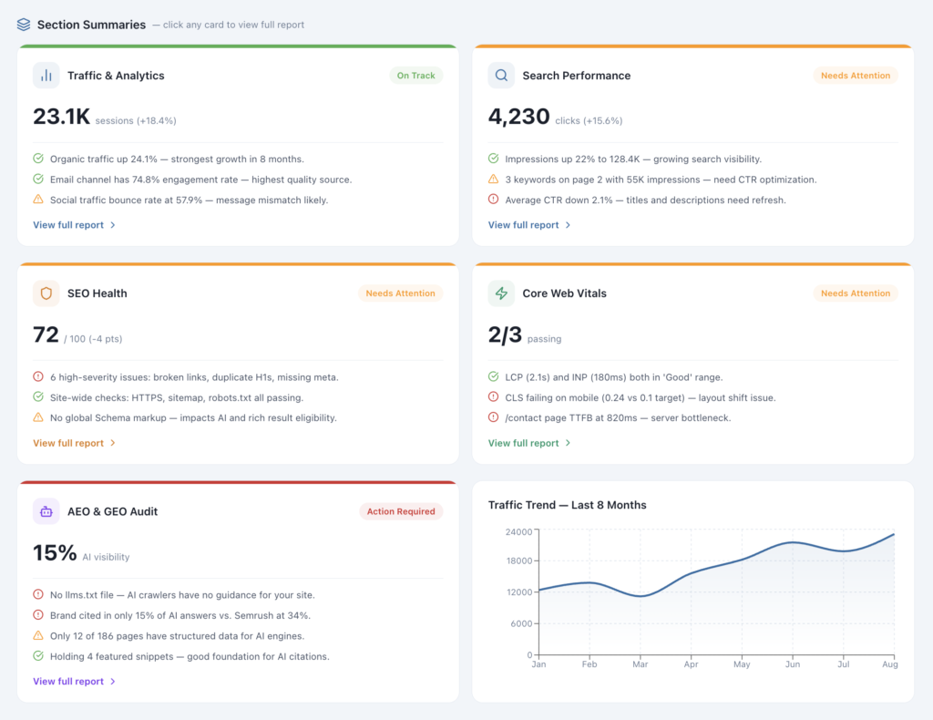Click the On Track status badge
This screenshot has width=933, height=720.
415,76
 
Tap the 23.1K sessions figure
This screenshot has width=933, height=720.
61,117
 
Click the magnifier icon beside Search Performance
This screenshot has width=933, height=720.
501,76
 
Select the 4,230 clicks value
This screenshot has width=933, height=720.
518,117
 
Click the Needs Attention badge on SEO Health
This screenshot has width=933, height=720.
400,293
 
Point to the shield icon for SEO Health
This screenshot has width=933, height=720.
46,293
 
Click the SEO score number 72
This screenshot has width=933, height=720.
46,335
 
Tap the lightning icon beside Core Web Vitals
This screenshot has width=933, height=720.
501,293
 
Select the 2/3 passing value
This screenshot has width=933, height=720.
505,335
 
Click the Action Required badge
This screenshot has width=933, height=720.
400,511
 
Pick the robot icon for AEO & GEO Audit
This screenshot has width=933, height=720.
46,511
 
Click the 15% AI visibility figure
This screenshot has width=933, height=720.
55,553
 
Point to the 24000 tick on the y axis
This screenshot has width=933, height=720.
519,531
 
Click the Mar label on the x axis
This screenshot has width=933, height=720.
641,665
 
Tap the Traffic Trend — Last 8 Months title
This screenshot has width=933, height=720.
567,505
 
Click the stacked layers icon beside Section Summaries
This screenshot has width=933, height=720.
24,25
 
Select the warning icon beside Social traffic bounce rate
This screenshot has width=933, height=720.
38,200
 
